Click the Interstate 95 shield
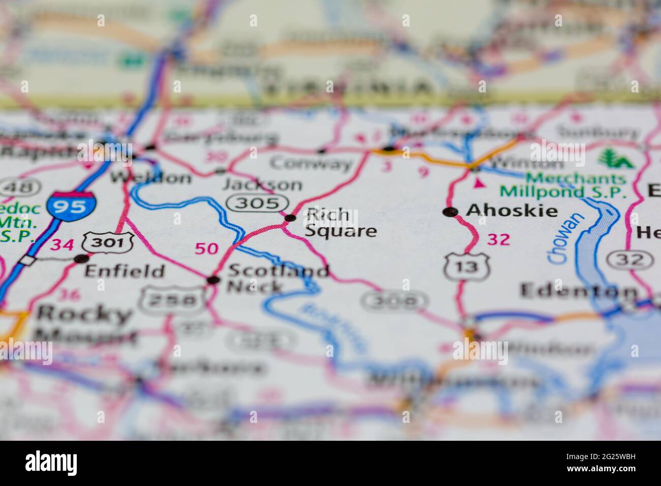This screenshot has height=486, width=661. pyautogui.click(x=71, y=205)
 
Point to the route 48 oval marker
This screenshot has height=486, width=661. pyautogui.click(x=13, y=187)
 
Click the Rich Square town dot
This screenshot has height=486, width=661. pyautogui.click(x=290, y=218)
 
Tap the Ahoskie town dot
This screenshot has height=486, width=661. pyautogui.click(x=449, y=212)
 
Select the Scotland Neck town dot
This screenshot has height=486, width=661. pyautogui.click(x=214, y=280)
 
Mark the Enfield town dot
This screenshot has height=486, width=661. pyautogui.click(x=81, y=259)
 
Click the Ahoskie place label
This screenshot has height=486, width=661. pyautogui.click(x=512, y=210)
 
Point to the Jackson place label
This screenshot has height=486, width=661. pyautogui.click(x=262, y=184)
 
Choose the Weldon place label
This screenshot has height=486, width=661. pyautogui.click(x=151, y=177)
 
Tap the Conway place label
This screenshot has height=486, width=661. pyautogui.click(x=311, y=164)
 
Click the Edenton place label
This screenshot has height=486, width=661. pyautogui.click(x=579, y=291)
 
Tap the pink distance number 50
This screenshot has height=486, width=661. pyautogui.click(x=206, y=249)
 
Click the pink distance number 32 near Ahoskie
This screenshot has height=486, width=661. pyautogui.click(x=498, y=239)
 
